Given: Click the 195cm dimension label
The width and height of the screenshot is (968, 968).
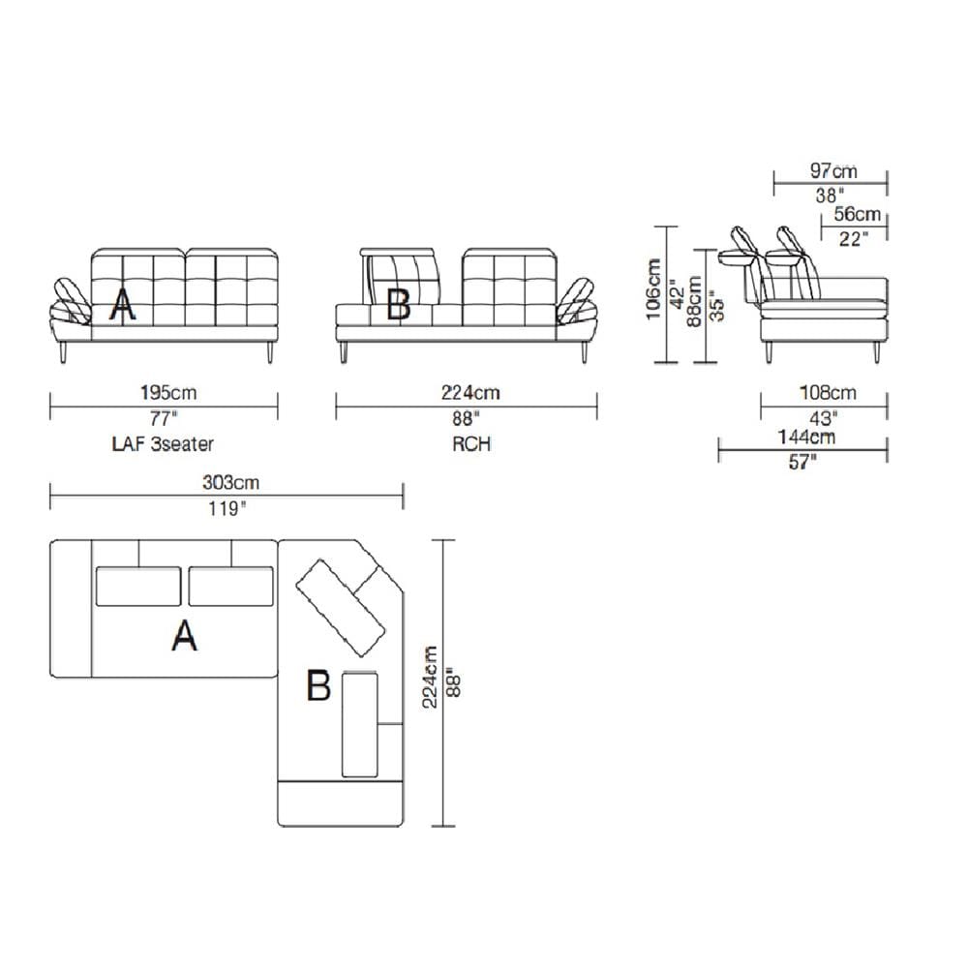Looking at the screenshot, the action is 168,393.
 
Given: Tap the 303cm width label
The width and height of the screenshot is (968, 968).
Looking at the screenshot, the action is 231,482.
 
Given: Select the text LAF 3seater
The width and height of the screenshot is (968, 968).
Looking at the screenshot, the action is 163,444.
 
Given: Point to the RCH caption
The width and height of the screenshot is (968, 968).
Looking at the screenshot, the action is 471,444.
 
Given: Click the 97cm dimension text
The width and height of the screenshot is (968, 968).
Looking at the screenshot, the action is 833,170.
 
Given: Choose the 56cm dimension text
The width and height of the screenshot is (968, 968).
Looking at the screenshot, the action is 857,214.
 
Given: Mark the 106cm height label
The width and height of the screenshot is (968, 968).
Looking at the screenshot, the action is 653,288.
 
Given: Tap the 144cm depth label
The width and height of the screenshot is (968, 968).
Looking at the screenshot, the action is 806,438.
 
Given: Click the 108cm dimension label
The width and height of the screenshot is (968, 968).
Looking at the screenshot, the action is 828,393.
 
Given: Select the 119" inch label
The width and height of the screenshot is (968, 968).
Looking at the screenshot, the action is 227,509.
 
